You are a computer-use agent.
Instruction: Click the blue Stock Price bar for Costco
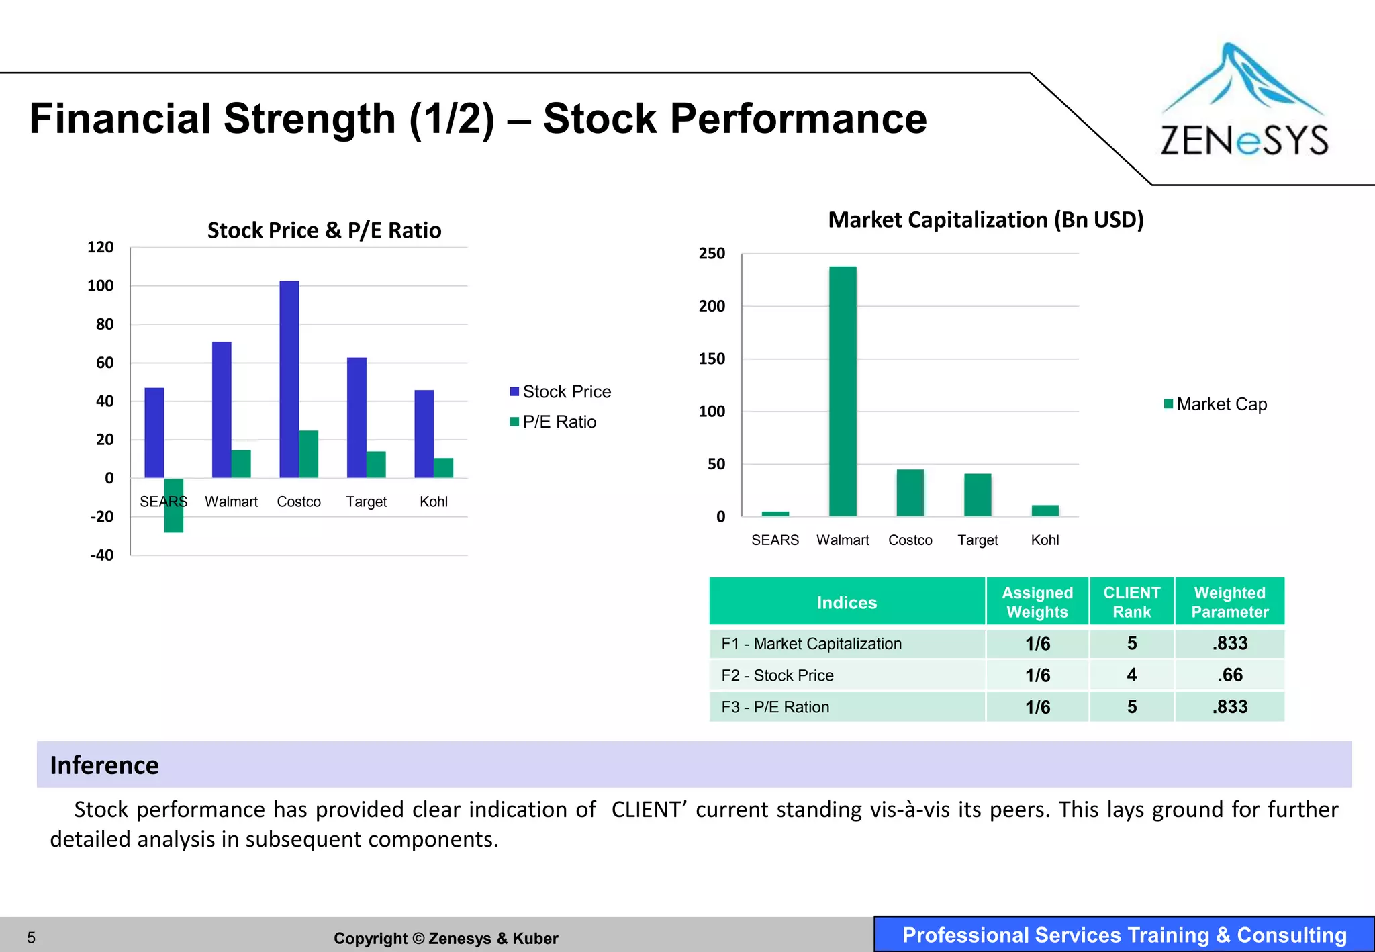(x=289, y=379)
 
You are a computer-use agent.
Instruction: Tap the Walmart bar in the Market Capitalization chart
(x=843, y=391)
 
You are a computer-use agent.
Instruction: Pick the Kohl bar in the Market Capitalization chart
(x=1045, y=510)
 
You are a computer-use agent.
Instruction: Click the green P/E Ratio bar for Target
(x=376, y=465)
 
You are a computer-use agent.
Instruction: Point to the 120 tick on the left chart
(x=101, y=247)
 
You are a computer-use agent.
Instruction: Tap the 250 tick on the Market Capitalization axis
(x=712, y=254)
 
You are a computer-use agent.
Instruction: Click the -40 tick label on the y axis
(x=102, y=555)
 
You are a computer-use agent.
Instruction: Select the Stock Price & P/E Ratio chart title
(x=324, y=230)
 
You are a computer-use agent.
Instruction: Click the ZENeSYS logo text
(x=1244, y=141)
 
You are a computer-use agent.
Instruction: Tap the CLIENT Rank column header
(x=1131, y=602)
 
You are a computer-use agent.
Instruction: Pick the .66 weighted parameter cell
(x=1229, y=675)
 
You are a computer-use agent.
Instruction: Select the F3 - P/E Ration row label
(x=775, y=707)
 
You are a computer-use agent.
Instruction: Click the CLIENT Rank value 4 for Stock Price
(x=1131, y=675)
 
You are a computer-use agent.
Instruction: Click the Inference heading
(x=105, y=765)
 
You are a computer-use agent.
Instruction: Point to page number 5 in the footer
(x=31, y=937)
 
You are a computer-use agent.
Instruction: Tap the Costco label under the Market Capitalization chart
(x=910, y=540)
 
